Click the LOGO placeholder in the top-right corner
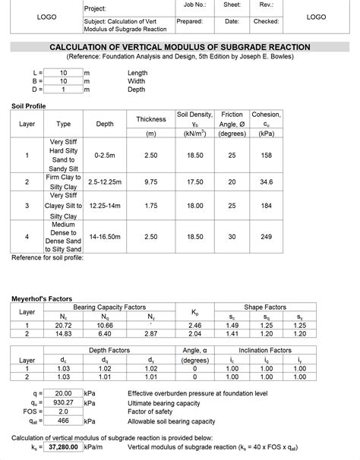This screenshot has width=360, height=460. click(316, 16)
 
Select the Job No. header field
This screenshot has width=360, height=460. click(194, 5)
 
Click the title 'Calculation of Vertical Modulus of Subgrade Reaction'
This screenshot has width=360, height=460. click(180, 47)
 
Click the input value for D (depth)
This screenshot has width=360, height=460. click(64, 90)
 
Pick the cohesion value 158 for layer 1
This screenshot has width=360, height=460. click(266, 155)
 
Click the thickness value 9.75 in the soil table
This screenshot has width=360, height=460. click(150, 182)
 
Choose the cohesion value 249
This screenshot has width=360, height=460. click(266, 237)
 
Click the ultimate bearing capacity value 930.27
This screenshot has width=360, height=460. click(64, 402)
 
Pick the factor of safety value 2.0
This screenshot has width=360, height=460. click(64, 411)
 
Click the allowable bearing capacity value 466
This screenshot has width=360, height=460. click(64, 421)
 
